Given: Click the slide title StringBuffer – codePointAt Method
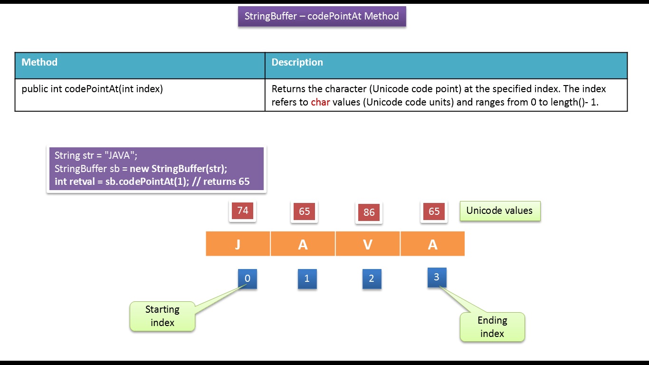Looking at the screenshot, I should tap(322, 16).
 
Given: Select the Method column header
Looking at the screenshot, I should tap(39, 62).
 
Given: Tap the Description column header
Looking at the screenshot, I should tap(297, 62).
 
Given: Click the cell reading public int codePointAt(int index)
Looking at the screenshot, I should tap(92, 89).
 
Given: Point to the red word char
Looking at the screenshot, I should tap(320, 102).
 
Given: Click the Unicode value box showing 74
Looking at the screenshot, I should tap(243, 211).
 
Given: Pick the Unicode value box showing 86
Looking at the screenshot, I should tap(369, 212).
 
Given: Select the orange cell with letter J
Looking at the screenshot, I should tap(238, 244).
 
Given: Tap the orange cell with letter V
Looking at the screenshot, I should tap(368, 244).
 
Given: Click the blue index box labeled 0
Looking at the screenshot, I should tap(247, 279).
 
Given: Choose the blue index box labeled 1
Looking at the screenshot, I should tap(307, 279).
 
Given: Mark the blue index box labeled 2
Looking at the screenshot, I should tap(372, 279).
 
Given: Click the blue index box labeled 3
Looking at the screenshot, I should tap(437, 277).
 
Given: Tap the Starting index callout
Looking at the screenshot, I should tap(162, 316).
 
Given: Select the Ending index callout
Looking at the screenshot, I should tap(492, 327).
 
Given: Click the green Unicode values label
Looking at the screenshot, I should tap(499, 211).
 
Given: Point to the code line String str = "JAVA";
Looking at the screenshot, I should tap(96, 155).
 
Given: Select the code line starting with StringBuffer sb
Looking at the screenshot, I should tap(141, 169).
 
